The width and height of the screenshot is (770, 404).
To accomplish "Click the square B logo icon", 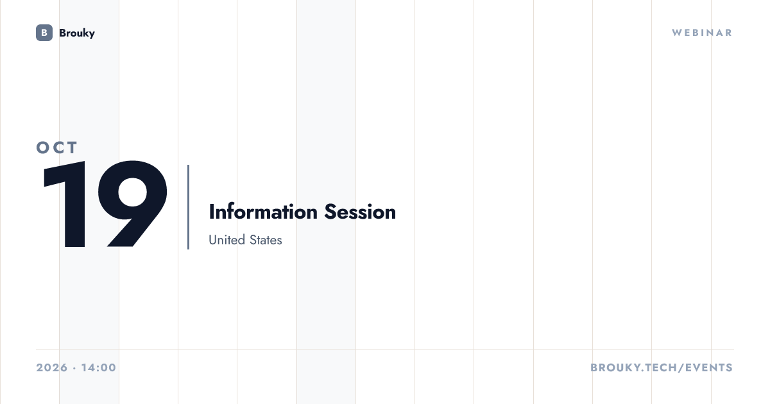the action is click(x=44, y=33).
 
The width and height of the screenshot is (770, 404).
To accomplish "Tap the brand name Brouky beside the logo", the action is click(x=77, y=33).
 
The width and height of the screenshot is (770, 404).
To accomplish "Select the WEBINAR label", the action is click(x=702, y=33).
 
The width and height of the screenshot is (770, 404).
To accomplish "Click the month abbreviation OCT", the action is click(x=57, y=147).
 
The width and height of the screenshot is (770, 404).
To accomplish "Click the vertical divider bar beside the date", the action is click(x=189, y=206).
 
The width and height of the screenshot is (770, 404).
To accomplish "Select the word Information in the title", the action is click(x=263, y=212).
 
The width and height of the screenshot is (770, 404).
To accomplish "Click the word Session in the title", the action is click(x=360, y=212).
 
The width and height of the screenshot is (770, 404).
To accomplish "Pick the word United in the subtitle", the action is click(x=227, y=240).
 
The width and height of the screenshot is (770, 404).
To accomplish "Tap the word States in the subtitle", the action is click(x=266, y=240).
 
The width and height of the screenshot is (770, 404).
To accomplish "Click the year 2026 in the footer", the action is click(x=52, y=367).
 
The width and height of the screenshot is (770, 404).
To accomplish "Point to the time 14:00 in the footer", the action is click(x=99, y=367).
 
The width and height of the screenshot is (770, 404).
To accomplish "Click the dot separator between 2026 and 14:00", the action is click(x=74, y=368).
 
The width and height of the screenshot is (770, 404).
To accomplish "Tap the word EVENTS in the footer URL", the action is click(x=709, y=367).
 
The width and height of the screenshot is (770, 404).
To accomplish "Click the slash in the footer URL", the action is click(x=681, y=367).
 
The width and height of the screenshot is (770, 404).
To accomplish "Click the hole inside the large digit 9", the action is click(x=133, y=192).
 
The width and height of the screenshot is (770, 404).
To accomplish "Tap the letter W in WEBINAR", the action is click(x=677, y=33).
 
